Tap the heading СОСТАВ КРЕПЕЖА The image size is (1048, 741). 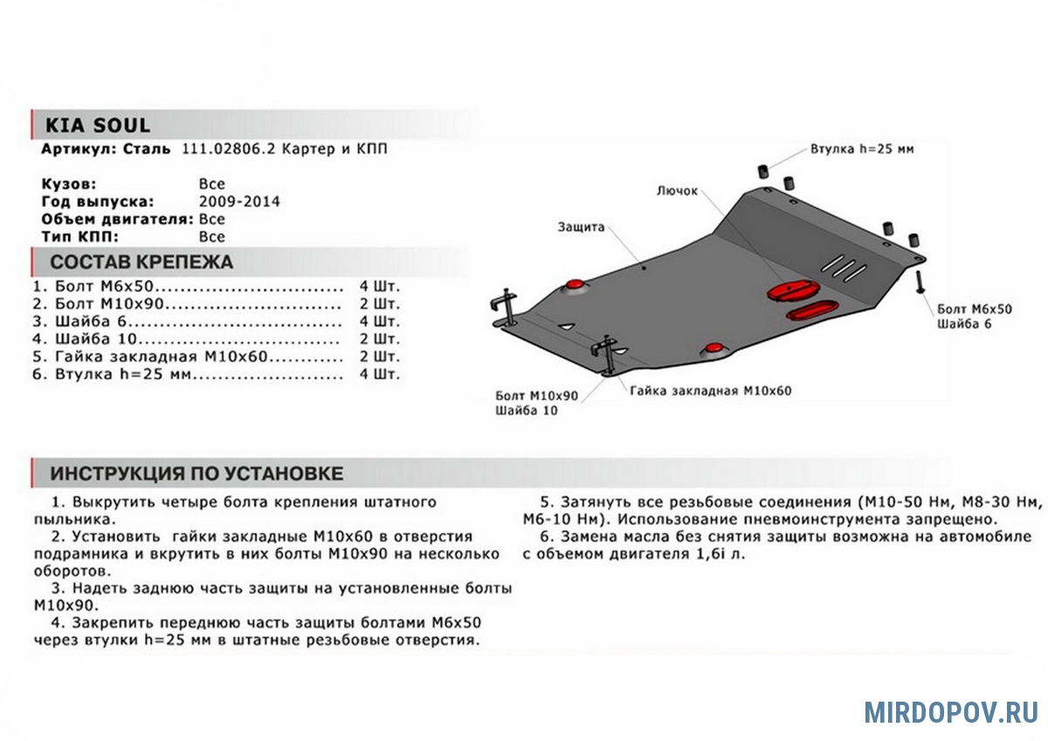point(141,261)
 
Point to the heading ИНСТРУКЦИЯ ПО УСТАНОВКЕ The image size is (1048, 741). point(196,474)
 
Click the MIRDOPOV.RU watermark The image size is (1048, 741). point(951,712)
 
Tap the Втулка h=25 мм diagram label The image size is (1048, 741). point(861,149)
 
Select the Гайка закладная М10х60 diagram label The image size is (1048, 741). point(710,391)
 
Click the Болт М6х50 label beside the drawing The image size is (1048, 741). point(974,309)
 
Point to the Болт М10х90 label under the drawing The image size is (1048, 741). point(536,395)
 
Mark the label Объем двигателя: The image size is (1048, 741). point(118,219)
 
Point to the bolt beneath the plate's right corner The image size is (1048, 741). point(920,282)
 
